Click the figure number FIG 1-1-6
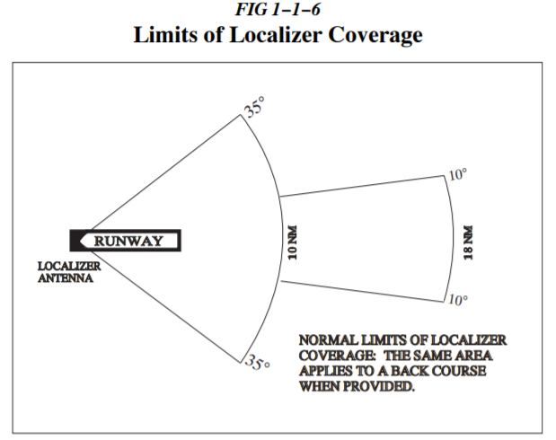pyautogui.click(x=278, y=12)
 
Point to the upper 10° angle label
pyautogui.click(x=457, y=173)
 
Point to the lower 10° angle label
pyautogui.click(x=457, y=300)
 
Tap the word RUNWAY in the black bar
pyautogui.click(x=130, y=241)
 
